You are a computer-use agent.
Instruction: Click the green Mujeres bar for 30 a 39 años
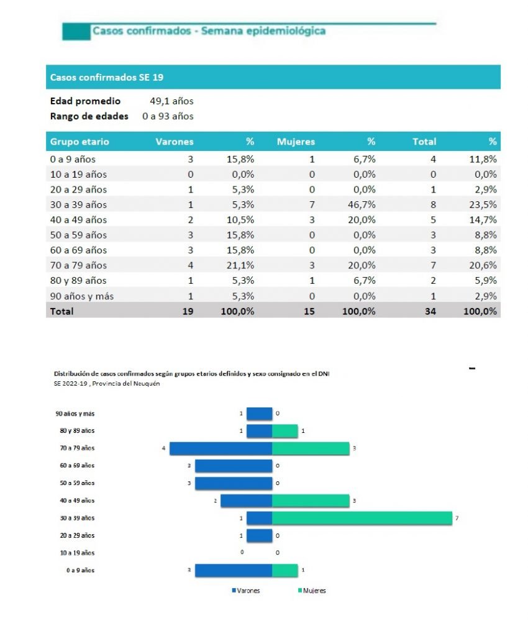click(x=362, y=518)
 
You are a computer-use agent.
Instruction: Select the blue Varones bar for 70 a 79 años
click(x=221, y=448)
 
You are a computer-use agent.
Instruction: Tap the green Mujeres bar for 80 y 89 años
click(x=285, y=430)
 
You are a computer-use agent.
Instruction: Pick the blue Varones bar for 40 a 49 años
click(x=246, y=501)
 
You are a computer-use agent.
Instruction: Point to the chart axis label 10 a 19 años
click(x=77, y=553)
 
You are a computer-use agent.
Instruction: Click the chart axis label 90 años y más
click(x=75, y=413)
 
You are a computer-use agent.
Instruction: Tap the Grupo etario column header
click(x=80, y=142)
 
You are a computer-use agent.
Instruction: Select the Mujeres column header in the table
click(x=296, y=142)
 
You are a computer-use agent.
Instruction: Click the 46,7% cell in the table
click(x=360, y=204)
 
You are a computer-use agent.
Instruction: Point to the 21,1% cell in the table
click(x=239, y=265)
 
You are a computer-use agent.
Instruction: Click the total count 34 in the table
click(x=430, y=311)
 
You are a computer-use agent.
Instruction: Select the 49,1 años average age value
click(x=172, y=101)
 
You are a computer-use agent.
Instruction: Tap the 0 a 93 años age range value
click(x=168, y=116)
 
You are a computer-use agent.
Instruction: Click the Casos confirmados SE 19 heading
click(x=106, y=78)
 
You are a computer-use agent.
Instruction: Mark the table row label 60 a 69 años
click(x=78, y=250)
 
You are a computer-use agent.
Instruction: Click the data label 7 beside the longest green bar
click(x=457, y=518)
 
